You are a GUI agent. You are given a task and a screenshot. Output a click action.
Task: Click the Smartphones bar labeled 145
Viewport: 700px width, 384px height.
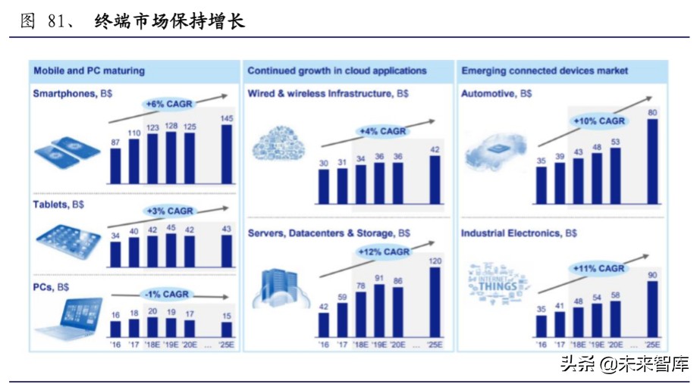pyautogui.click(x=228, y=154)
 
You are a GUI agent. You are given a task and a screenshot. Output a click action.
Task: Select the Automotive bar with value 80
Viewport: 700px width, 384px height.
pyautogui.click(x=652, y=161)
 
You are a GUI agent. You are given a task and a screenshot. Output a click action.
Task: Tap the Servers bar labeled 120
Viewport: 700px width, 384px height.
pyautogui.click(x=435, y=301)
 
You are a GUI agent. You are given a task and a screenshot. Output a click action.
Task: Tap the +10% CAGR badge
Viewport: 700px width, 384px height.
pyautogui.click(x=598, y=120)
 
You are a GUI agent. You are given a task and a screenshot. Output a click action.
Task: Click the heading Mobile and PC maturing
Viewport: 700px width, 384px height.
pyautogui.click(x=89, y=70)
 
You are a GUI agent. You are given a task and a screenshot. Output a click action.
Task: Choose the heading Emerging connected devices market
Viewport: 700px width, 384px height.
pyautogui.click(x=545, y=70)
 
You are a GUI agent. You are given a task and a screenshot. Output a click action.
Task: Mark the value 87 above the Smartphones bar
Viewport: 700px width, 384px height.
pyautogui.click(x=115, y=142)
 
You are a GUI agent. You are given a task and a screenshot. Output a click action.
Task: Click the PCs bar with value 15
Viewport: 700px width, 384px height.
pyautogui.click(x=228, y=329)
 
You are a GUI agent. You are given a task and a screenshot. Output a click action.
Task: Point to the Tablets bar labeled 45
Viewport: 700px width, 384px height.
pyautogui.click(x=171, y=250)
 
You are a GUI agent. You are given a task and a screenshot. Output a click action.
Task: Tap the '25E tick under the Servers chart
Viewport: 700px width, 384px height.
pyautogui.click(x=435, y=344)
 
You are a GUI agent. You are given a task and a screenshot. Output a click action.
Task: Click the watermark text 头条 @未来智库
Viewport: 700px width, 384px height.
pyautogui.click(x=624, y=364)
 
